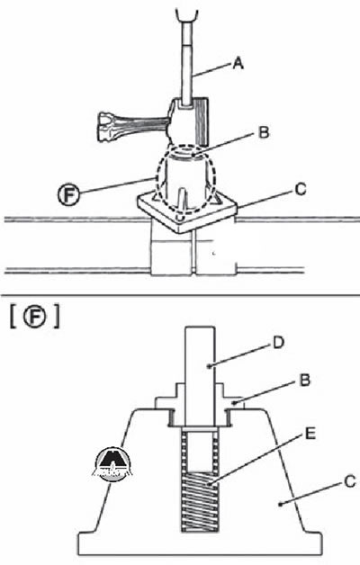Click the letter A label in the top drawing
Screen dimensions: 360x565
click(x=238, y=63)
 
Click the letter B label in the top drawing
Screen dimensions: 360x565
click(x=264, y=132)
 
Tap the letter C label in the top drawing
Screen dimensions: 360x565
click(x=300, y=189)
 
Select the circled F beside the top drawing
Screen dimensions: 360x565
click(x=68, y=195)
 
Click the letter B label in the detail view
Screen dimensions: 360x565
click(x=305, y=381)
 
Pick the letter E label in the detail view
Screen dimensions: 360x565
click(x=310, y=434)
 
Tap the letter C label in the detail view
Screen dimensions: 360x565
click(x=349, y=481)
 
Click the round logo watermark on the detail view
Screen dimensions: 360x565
click(x=112, y=464)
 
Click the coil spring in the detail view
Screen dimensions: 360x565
click(x=199, y=501)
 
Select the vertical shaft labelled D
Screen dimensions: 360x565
click(x=201, y=376)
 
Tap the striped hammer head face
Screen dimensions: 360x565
click(x=201, y=121)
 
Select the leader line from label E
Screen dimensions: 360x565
click(x=256, y=459)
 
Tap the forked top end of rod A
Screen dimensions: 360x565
click(x=187, y=16)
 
